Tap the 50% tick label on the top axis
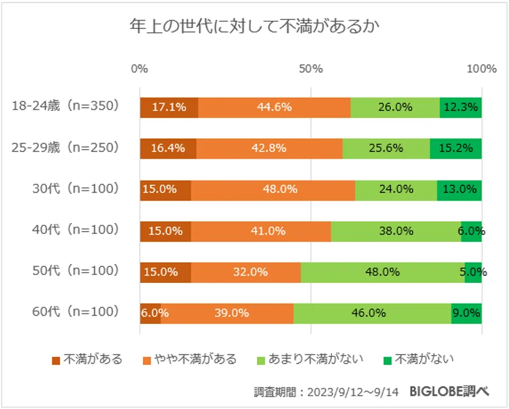click(310, 68)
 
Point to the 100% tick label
click(482, 68)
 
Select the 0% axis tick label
click(139, 68)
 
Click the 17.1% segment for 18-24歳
click(169, 107)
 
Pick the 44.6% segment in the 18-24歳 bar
click(274, 107)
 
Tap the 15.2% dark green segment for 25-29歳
click(456, 148)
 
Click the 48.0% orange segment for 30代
click(273, 189)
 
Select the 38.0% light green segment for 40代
click(396, 230)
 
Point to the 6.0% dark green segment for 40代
click(471, 230)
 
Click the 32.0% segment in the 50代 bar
click(245, 271)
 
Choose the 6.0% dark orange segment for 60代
click(150, 313)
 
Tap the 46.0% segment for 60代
click(372, 313)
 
